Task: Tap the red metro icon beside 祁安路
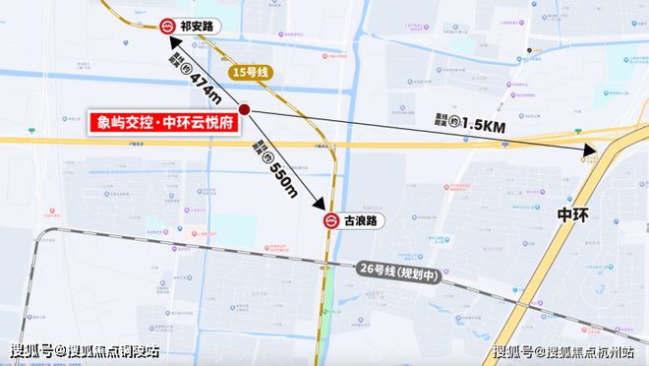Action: tap(168, 28)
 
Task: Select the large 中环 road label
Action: tap(573, 214)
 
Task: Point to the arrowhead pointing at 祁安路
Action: tap(171, 42)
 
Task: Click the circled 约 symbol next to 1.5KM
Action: tap(454, 120)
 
